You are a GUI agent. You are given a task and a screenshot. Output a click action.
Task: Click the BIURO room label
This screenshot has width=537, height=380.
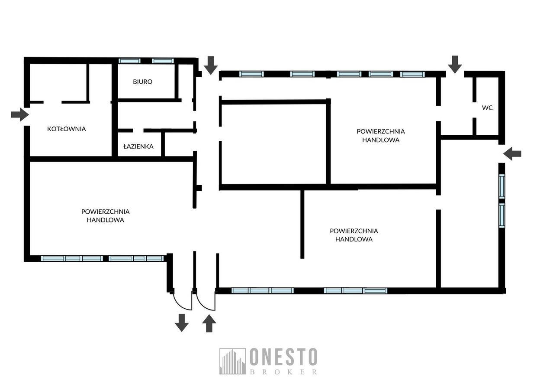tap(143, 82)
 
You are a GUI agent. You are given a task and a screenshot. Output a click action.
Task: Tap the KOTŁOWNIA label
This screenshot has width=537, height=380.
tap(66, 129)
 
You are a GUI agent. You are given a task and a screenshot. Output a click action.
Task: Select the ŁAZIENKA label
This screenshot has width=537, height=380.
tap(138, 146)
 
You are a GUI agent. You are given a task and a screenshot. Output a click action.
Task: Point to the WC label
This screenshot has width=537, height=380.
tap(487, 108)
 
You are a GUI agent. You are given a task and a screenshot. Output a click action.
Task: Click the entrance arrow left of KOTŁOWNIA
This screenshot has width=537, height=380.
tap(20, 114)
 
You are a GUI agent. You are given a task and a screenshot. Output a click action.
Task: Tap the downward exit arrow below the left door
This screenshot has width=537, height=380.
tap(182, 323)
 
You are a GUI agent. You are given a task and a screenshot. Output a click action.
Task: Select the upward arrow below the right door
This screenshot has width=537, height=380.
tap(209, 323)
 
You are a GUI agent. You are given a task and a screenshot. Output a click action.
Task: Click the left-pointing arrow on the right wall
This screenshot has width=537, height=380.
tap(512, 154)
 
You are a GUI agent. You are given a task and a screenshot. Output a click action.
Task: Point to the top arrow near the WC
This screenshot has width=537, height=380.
tap(455, 64)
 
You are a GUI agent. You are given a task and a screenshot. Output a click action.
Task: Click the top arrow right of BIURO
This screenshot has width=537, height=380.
tap(211, 65)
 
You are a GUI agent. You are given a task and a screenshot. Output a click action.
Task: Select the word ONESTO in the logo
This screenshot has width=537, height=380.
tap(283, 357)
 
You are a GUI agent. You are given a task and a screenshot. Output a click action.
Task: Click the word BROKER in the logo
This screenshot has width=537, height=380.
tap(283, 372)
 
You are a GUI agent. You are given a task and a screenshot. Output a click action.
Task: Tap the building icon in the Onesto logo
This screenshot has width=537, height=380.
tap(232, 361)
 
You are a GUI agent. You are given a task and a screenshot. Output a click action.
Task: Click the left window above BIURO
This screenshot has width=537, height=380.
tap(129, 61)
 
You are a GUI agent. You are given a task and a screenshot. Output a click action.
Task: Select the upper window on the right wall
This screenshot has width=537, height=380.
tap(502, 186)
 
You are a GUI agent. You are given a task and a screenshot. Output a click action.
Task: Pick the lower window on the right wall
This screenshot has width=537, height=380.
tap(502, 215)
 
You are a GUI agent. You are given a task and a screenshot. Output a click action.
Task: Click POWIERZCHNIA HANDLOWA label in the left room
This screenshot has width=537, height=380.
tap(105, 215)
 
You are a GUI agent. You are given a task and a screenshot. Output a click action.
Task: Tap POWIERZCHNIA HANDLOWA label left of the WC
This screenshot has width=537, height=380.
tap(381, 136)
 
